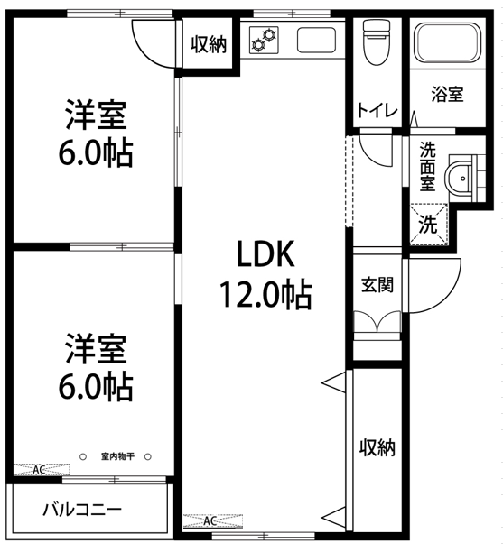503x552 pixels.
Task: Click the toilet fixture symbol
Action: [377, 42]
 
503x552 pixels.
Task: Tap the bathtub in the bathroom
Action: [447, 42]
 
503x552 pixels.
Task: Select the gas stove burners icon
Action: [264, 40]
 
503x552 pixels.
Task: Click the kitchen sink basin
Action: [316, 40]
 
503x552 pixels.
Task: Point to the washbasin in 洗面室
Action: [460, 178]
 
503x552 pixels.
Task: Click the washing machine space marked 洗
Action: [428, 224]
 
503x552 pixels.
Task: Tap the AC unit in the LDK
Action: [213, 521]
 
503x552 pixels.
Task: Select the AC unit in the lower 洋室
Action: [42, 470]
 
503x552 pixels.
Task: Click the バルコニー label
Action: [82, 510]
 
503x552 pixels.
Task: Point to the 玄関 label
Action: [377, 284]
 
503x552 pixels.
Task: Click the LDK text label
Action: [265, 253]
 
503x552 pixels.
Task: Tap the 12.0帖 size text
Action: [265, 294]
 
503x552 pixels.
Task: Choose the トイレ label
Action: [377, 111]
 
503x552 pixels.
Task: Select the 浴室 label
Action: [447, 95]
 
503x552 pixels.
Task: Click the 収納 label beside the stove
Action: [209, 45]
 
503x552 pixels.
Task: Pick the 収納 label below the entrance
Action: [377, 447]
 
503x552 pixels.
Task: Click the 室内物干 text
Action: [117, 456]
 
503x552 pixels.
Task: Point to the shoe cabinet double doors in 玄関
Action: [377, 321]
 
